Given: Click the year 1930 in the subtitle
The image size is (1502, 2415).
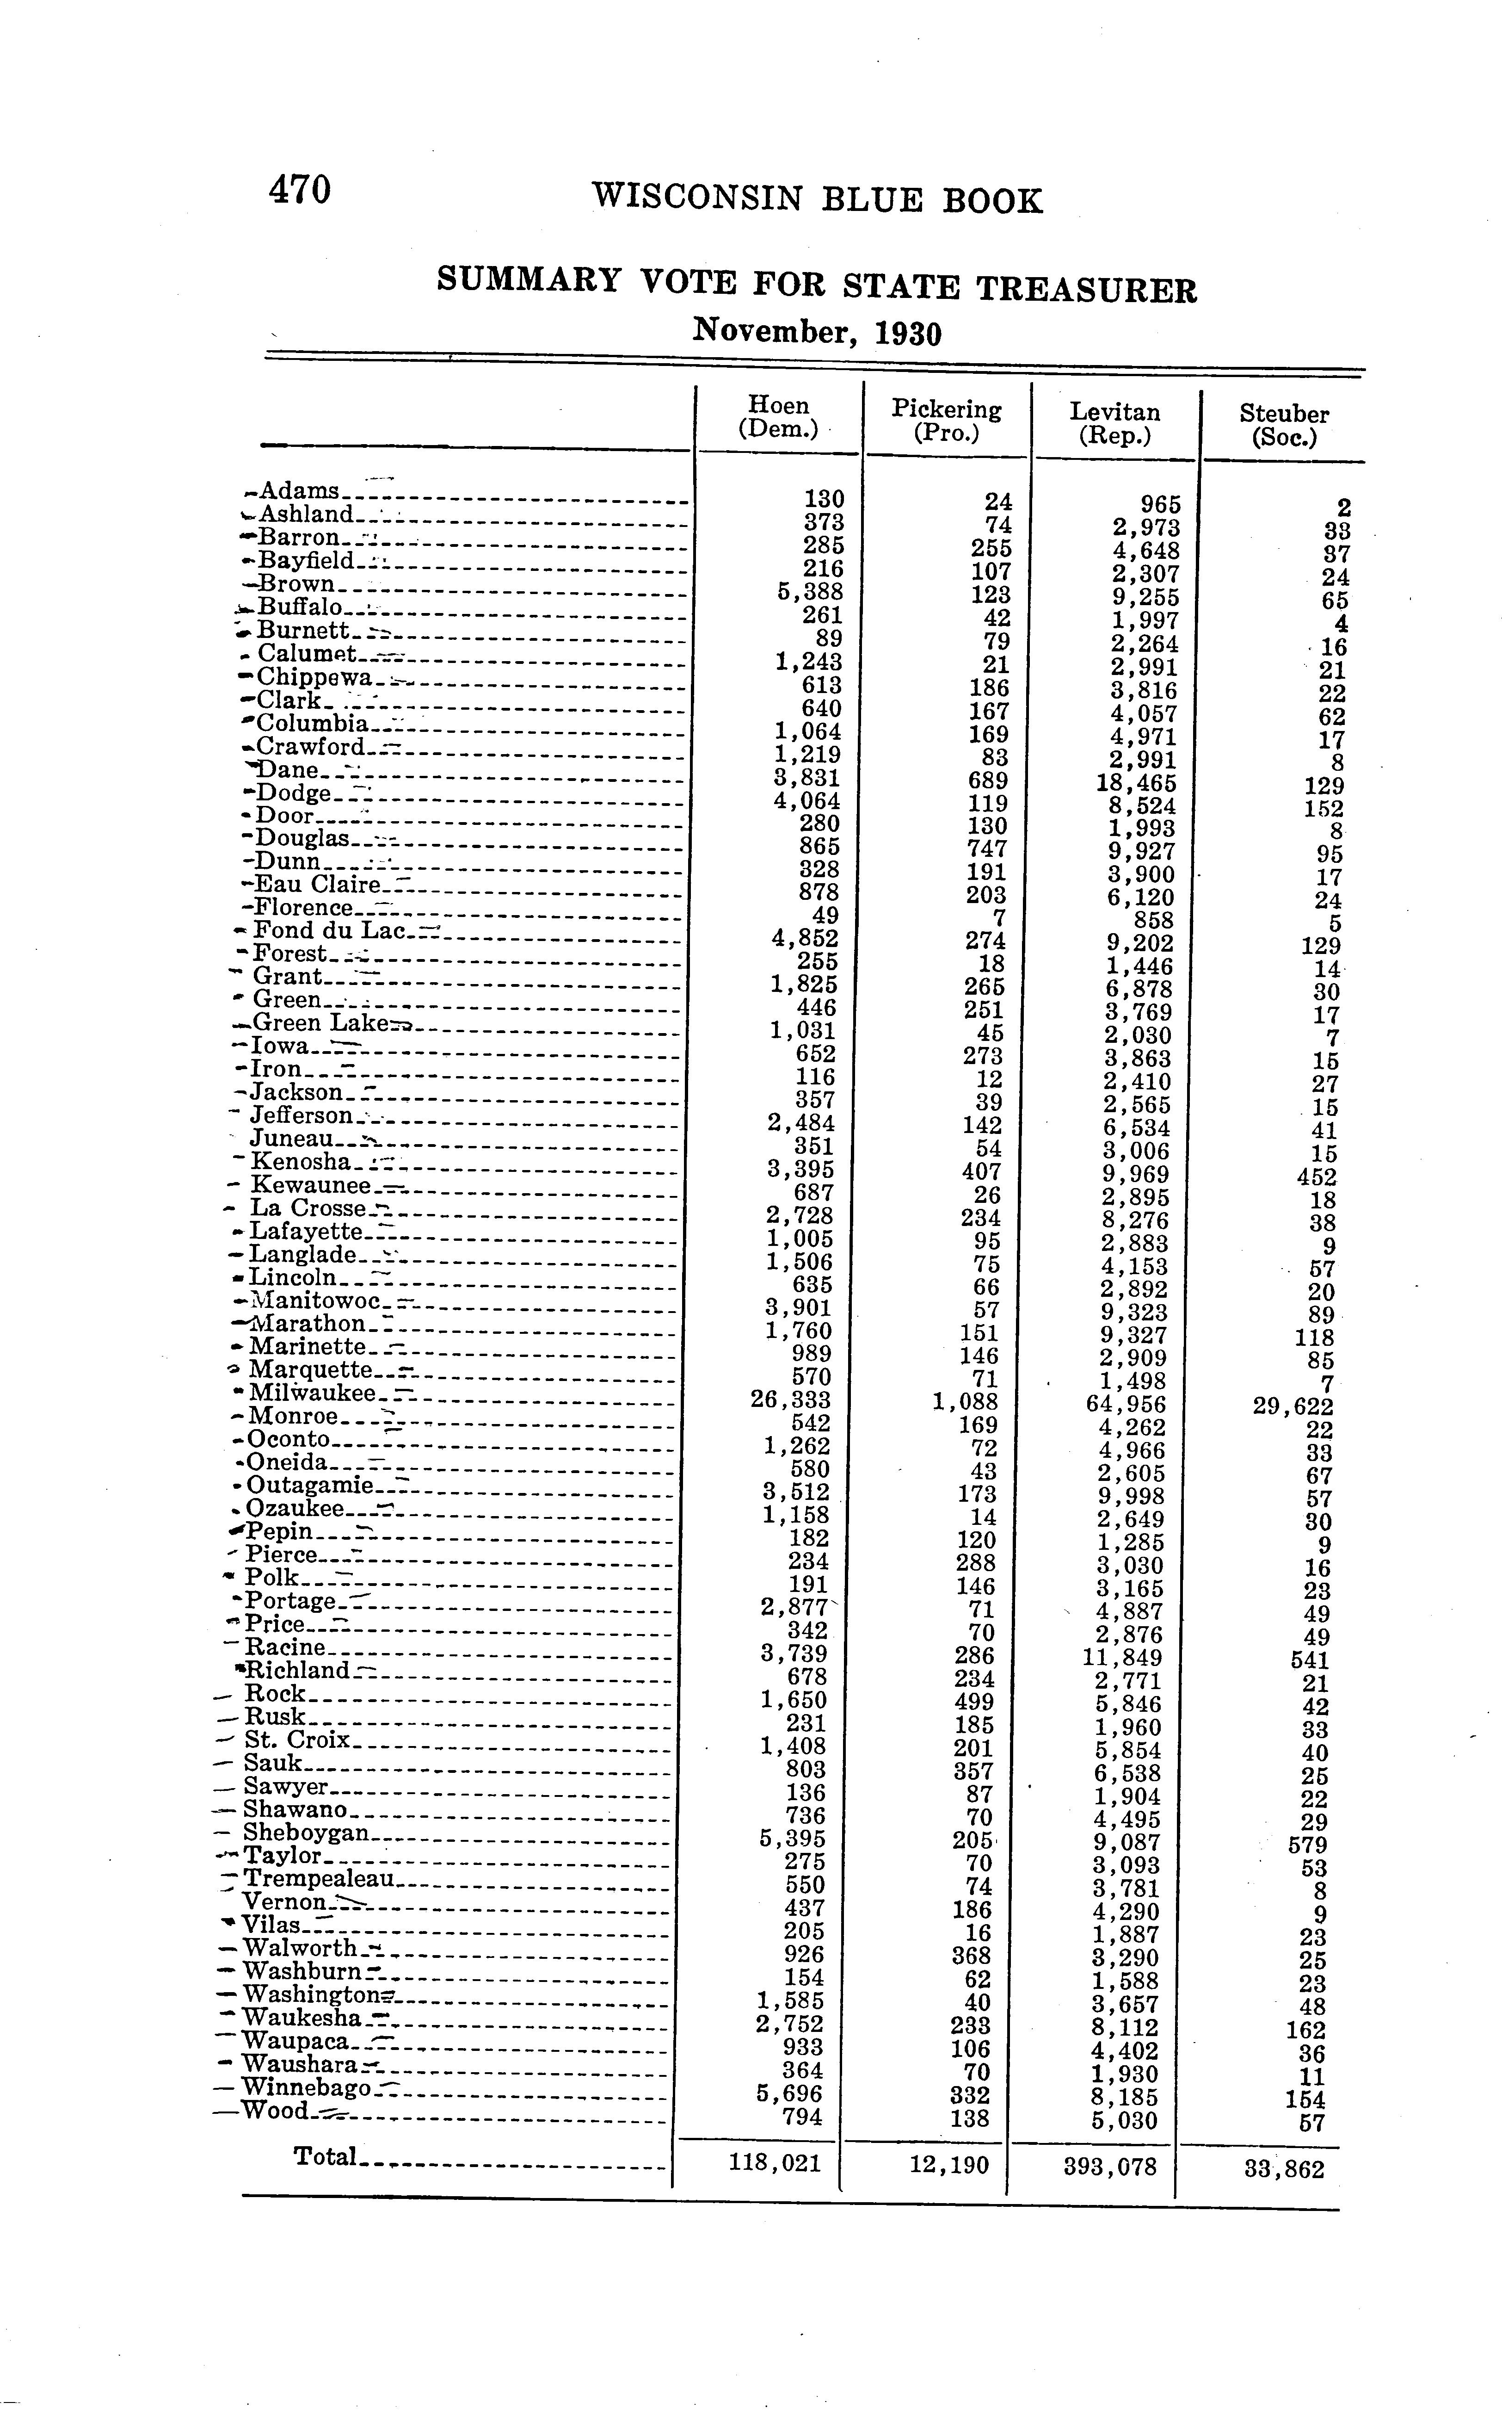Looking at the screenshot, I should pos(907,333).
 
